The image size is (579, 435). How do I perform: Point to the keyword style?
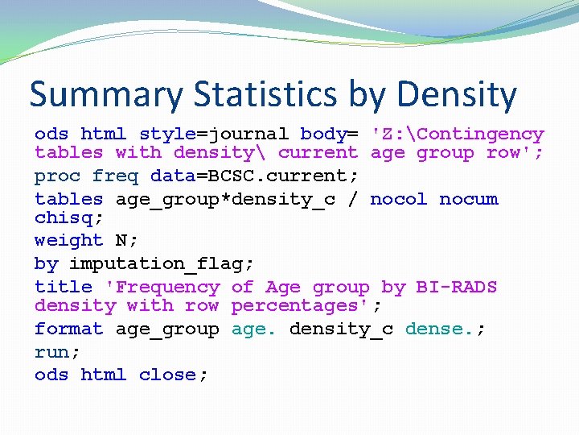pyautogui.click(x=167, y=134)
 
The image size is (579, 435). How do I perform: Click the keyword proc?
pyautogui.click(x=57, y=176)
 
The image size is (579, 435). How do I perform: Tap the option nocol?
pyautogui.click(x=398, y=199)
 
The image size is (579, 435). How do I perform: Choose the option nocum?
pyautogui.click(x=468, y=199)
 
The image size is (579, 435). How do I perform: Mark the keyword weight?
pyautogui.click(x=68, y=240)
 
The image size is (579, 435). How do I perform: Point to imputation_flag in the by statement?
pyautogui.click(x=156, y=263)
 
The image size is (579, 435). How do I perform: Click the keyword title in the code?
pyautogui.click(x=63, y=287)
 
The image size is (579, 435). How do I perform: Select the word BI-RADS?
pyautogui.click(x=456, y=287)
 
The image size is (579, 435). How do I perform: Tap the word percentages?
pyautogui.click(x=300, y=305)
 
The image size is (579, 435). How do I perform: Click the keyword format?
pyautogui.click(x=68, y=329)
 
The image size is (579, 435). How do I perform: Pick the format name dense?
pyautogui.click(x=439, y=329)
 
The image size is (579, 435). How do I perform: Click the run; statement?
pyautogui.click(x=57, y=352)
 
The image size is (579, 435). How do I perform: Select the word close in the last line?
pyautogui.click(x=173, y=375)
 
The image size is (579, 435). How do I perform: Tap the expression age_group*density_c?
pyautogui.click(x=225, y=199)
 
